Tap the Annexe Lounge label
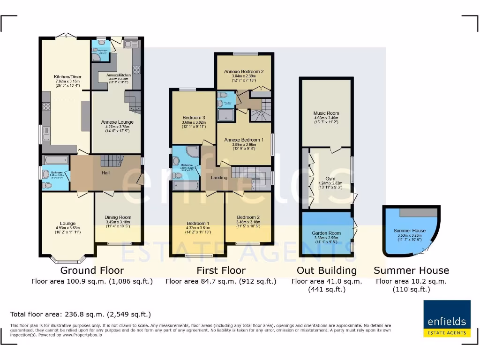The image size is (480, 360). [117, 122]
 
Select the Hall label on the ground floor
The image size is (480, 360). [105, 172]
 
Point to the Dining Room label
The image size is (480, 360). [118, 217]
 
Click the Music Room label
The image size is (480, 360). [326, 113]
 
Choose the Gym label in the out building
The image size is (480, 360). [330, 179]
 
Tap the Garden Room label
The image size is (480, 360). [326, 233]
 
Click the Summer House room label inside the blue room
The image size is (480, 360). [409, 231]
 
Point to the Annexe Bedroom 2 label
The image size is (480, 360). [243, 71]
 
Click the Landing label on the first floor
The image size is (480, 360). [219, 178]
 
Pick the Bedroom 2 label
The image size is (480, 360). [248, 217]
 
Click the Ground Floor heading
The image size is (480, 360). [92, 270]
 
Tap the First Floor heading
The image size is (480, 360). [221, 270]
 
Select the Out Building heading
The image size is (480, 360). [327, 270]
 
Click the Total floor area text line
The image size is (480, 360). [81, 314]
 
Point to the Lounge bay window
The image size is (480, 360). [68, 260]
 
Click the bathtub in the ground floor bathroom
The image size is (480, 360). [56, 160]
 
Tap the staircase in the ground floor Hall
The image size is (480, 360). [111, 161]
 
